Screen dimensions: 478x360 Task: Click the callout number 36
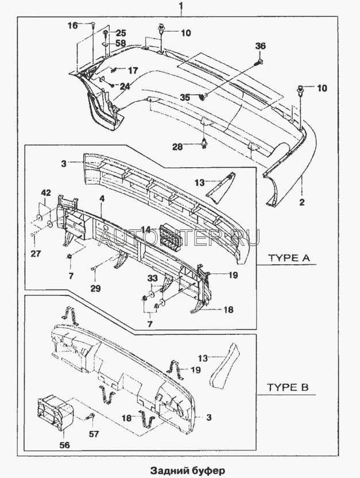[x=261, y=46]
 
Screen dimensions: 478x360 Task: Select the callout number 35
[x=185, y=98]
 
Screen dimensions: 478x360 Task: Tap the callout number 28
[x=178, y=147]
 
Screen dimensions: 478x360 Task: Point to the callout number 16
[x=72, y=25]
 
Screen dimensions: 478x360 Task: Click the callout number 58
[x=121, y=43]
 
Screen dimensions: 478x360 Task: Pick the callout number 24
[x=125, y=87]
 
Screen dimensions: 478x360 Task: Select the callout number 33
[x=153, y=279]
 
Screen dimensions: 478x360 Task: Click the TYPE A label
[x=289, y=259]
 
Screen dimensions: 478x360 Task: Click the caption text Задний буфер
[x=180, y=471]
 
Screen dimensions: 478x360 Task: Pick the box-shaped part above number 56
[x=57, y=412]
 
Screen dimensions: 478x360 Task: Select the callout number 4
[x=101, y=199]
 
